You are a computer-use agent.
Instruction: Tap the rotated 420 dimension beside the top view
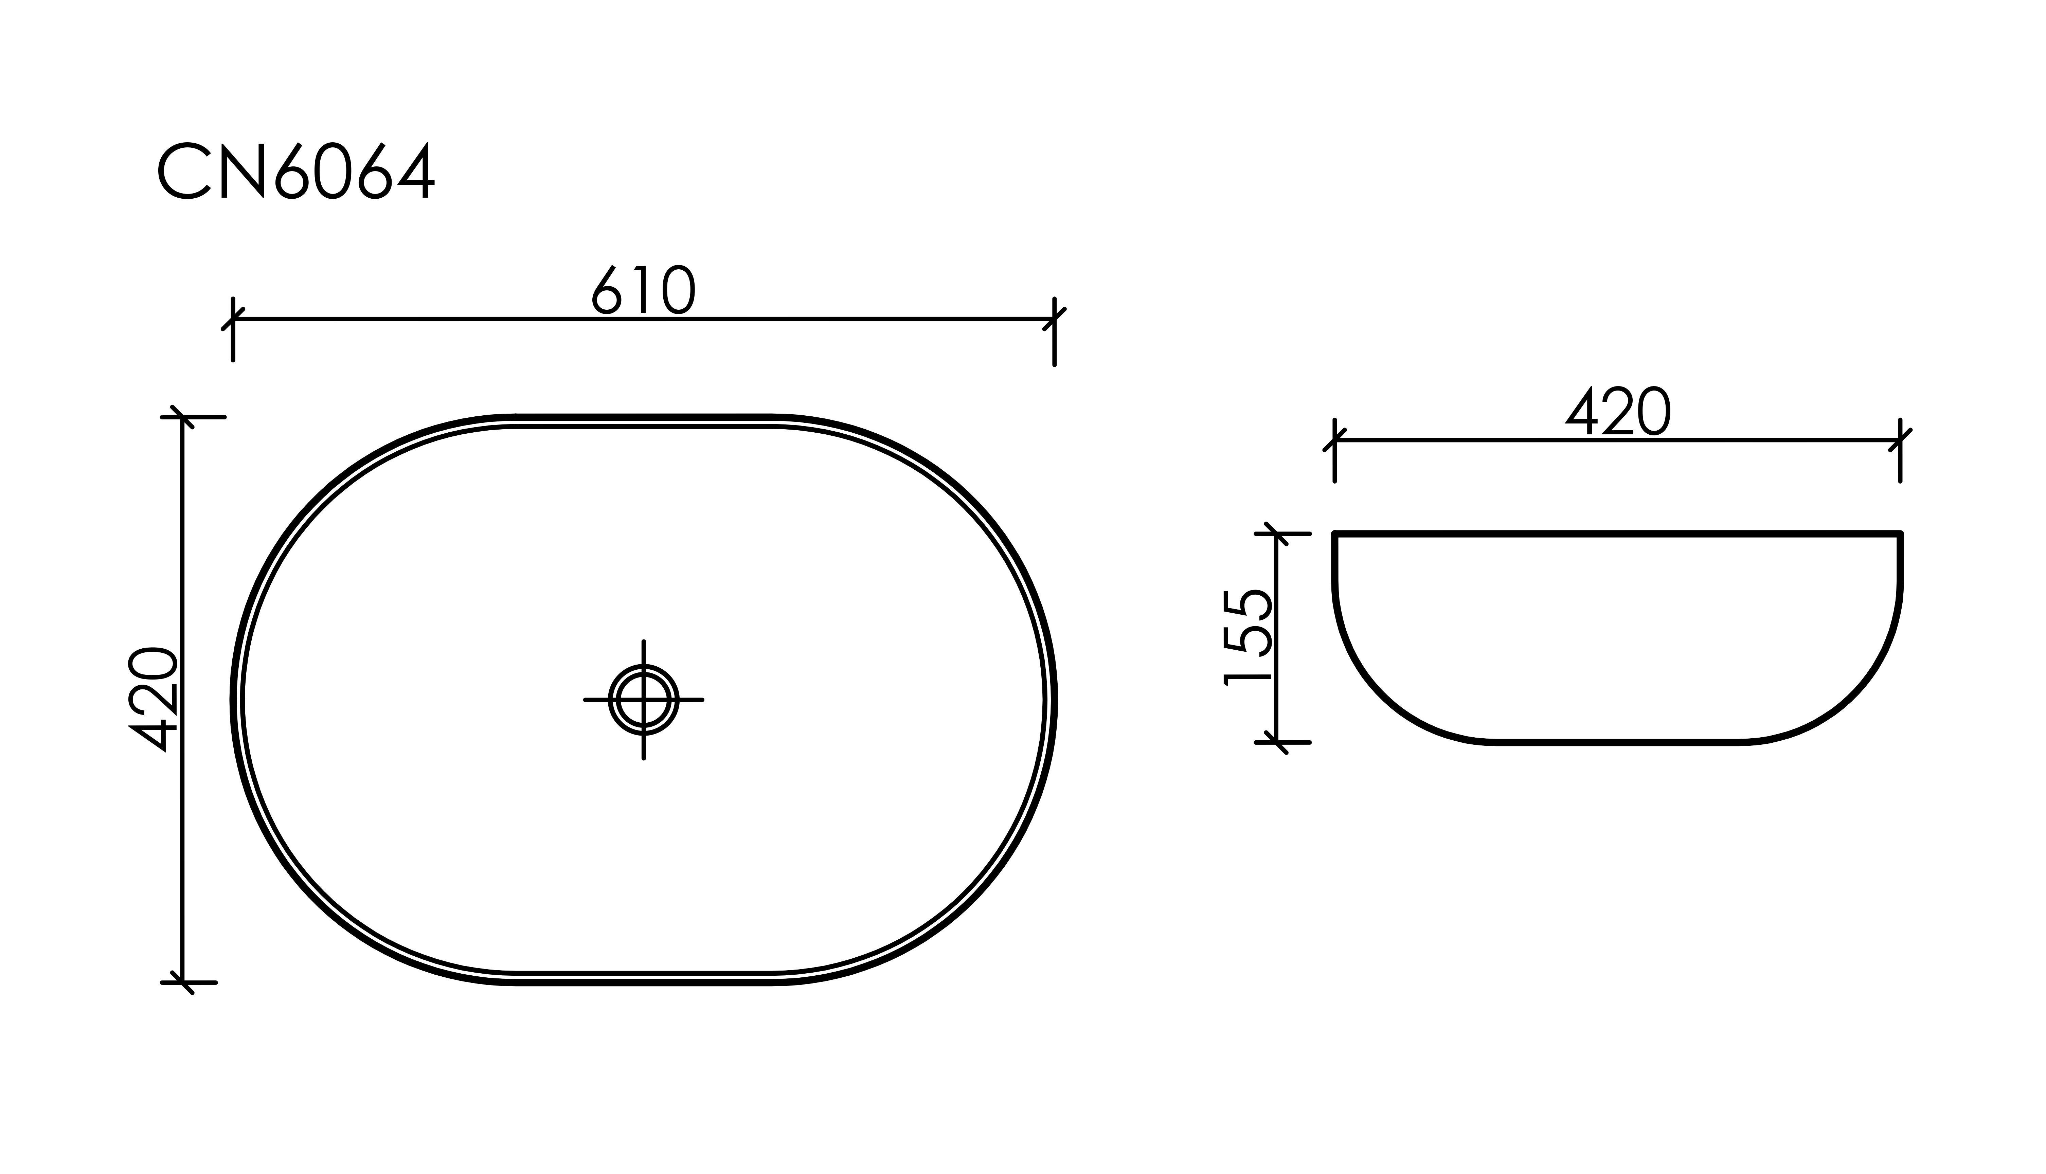coord(153,699)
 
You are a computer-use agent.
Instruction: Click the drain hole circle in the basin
coord(643,700)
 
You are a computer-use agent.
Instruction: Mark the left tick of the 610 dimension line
coord(233,319)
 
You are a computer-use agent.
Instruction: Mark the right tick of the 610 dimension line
coord(1055,319)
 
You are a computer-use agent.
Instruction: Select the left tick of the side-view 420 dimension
coord(1335,440)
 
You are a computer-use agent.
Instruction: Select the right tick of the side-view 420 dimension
coord(1900,440)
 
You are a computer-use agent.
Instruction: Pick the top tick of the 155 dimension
coord(1276,534)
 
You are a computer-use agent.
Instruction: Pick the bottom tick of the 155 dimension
coord(1276,742)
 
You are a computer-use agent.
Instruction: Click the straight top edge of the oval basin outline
coord(643,418)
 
